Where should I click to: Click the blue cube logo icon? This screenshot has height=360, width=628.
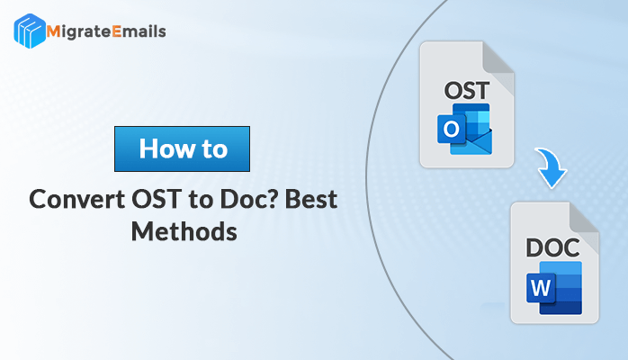[x=29, y=31]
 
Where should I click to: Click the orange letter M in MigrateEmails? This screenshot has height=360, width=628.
[x=53, y=31]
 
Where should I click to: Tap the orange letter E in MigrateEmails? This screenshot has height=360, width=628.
[x=117, y=31]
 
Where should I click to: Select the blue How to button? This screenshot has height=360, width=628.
[x=183, y=149]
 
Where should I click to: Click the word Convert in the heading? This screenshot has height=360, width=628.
[x=76, y=199]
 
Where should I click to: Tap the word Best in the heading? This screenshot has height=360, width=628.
[x=311, y=199]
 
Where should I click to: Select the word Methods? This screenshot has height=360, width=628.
[x=184, y=232]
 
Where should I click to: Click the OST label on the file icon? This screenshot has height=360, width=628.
[x=467, y=91]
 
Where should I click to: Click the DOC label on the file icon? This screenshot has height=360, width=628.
[x=552, y=247]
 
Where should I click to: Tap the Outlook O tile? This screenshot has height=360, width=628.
[x=452, y=129]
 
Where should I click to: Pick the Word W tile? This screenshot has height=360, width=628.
[x=541, y=287]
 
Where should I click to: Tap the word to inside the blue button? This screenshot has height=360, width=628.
[x=215, y=149]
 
